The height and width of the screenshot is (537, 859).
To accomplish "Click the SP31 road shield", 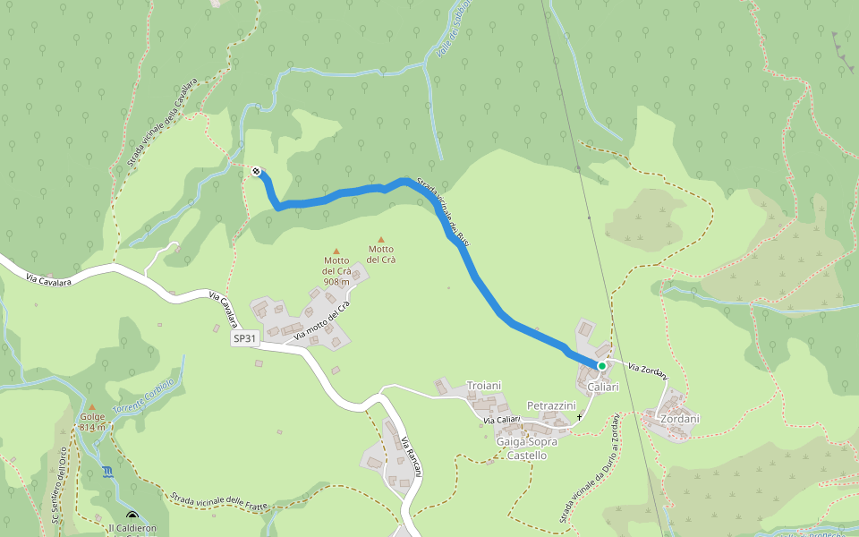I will pyautogui.click(x=245, y=339).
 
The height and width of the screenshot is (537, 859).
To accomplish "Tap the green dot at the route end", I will pyautogui.click(x=602, y=366).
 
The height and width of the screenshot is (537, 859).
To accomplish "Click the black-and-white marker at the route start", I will pyautogui.click(x=257, y=170).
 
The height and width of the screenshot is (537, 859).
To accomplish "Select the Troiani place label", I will pyautogui.click(x=487, y=385).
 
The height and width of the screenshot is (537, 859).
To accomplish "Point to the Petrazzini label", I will pyautogui.click(x=550, y=406).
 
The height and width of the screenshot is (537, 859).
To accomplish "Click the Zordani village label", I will pyautogui.click(x=678, y=419).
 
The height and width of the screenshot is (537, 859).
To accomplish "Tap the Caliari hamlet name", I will pyautogui.click(x=603, y=387).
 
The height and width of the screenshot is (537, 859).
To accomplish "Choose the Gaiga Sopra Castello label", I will pyautogui.click(x=526, y=448).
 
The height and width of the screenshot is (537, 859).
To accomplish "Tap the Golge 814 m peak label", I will pyautogui.click(x=92, y=422).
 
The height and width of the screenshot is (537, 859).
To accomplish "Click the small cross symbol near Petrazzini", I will pyautogui.click(x=579, y=417).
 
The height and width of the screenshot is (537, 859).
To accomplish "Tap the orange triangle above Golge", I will pyautogui.click(x=91, y=407).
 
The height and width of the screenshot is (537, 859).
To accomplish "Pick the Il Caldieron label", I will pyautogui.click(x=137, y=528).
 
